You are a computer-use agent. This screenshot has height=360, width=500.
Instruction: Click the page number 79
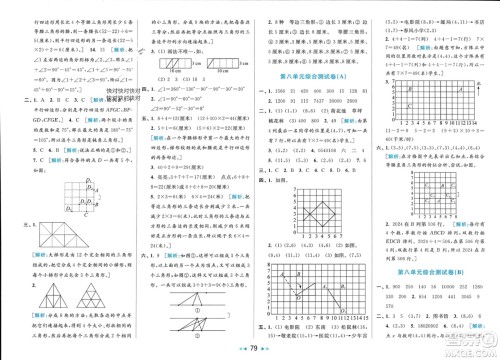(x=250, y=347)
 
